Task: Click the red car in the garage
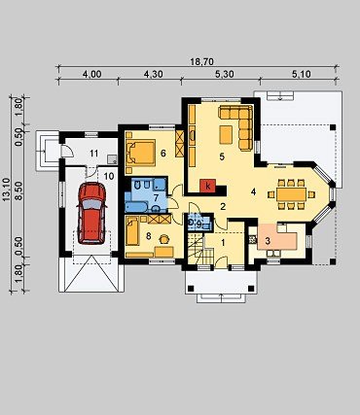click(x=91, y=213)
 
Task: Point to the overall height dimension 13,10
click(x=6, y=190)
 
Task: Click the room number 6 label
click(x=163, y=153)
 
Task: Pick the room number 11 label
click(x=93, y=153)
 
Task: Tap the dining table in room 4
click(x=291, y=194)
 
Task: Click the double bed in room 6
click(x=140, y=153)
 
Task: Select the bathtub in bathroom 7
click(x=136, y=207)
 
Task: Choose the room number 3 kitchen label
click(x=268, y=241)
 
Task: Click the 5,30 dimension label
click(x=224, y=74)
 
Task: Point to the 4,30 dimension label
click(x=153, y=74)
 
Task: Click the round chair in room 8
click(x=164, y=239)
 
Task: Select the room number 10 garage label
click(x=109, y=176)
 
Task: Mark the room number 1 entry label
click(x=223, y=242)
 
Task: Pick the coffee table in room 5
click(x=226, y=135)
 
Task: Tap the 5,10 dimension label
click(x=302, y=74)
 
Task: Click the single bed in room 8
click(x=132, y=231)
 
